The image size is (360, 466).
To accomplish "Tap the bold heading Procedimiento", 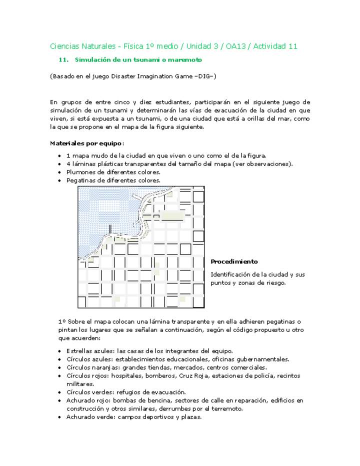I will tap(234, 261).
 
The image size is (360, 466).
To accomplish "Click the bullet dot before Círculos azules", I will tap(60, 359).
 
